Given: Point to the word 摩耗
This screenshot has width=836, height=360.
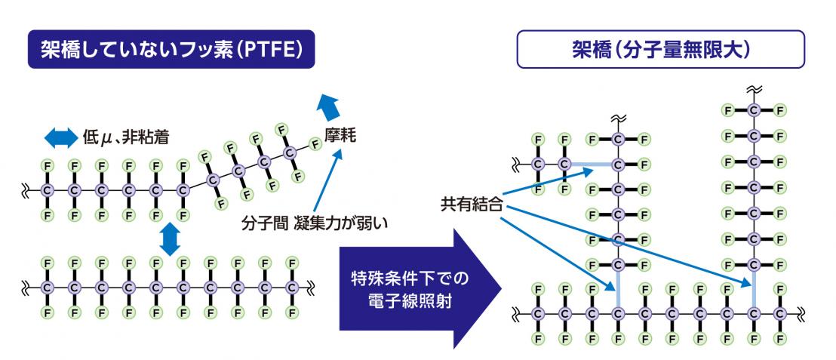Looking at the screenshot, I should (342, 137).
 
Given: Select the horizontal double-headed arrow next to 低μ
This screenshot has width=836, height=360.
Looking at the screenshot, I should (60, 137).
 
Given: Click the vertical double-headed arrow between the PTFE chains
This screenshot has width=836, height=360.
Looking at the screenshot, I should (171, 240).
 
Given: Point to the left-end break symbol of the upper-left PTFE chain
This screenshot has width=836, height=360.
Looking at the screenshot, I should (26, 189).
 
